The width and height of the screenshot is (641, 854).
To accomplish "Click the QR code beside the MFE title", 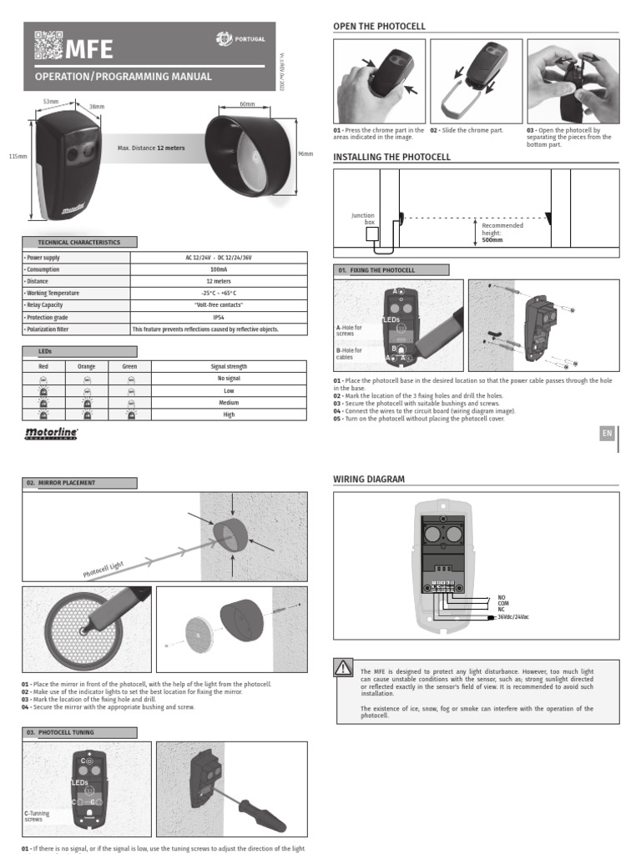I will [x=48, y=45].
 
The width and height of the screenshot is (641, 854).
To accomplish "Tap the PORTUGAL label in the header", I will [x=250, y=38].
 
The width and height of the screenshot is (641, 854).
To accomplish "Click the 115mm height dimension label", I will [x=18, y=156].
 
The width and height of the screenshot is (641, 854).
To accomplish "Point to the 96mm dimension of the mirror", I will [x=305, y=153].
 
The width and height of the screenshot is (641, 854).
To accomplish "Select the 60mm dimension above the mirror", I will [x=247, y=104].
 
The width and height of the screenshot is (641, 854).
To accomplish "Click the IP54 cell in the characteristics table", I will [x=218, y=317].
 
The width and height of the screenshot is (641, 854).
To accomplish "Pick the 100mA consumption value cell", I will [x=218, y=270].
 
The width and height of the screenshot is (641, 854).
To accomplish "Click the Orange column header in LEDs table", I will [x=87, y=365].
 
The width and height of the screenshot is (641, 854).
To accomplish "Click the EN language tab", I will [x=607, y=434].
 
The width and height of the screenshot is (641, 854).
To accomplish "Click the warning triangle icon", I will [x=343, y=667].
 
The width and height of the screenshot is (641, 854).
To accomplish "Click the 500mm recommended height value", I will [x=492, y=239].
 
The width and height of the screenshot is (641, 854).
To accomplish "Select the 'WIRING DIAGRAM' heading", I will [x=369, y=480].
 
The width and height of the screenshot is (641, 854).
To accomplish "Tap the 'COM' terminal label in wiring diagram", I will [x=502, y=604].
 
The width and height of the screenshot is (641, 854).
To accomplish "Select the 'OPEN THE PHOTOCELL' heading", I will [x=379, y=27].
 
